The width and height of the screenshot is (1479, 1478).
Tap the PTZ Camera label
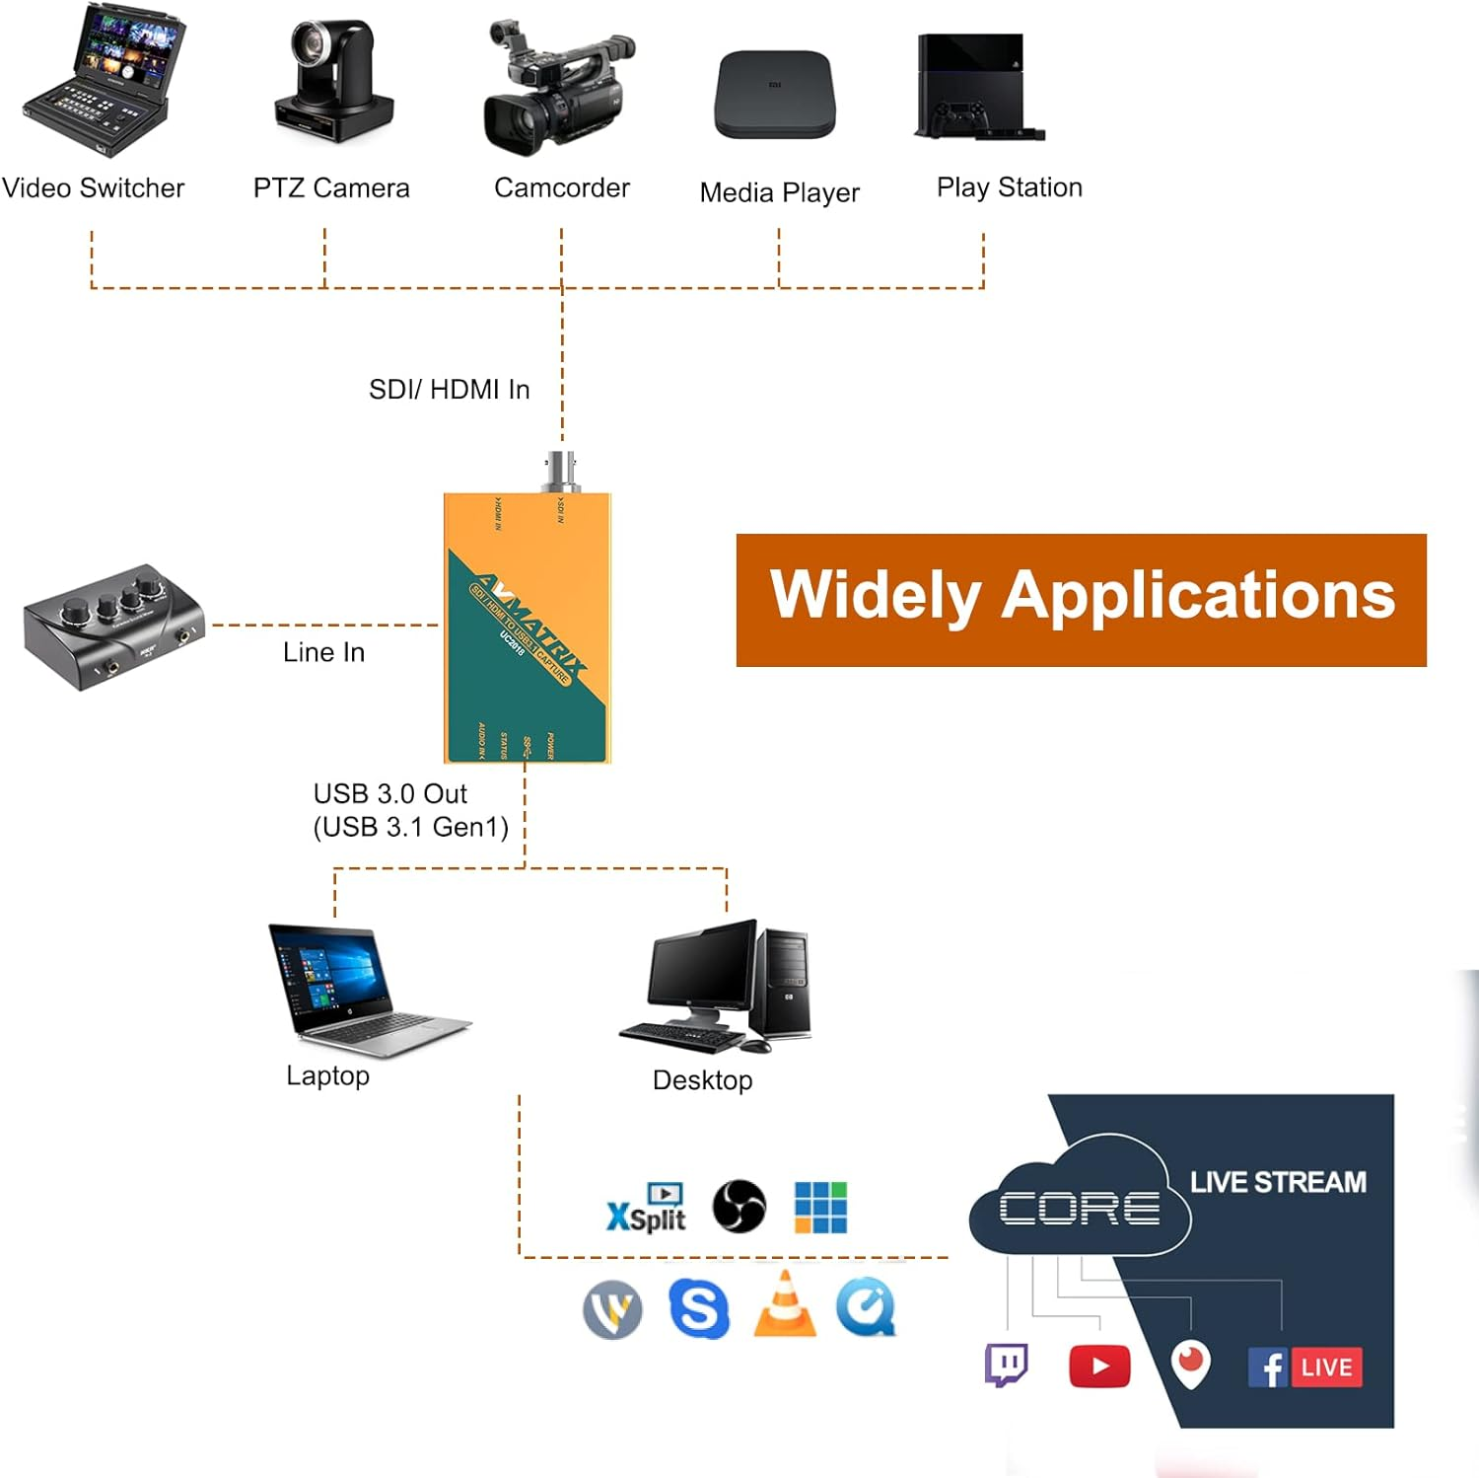331,187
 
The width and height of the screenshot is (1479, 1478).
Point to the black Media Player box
775,95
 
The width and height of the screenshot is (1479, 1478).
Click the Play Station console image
976,89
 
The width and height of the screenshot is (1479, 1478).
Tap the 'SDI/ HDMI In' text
449,390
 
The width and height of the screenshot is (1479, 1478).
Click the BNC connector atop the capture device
561,471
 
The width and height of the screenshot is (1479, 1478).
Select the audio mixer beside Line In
113,628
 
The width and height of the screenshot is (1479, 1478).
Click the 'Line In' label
323,652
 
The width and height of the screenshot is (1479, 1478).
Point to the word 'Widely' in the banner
875,596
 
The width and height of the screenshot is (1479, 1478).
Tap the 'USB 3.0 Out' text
389,794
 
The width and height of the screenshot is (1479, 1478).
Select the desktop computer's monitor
699,972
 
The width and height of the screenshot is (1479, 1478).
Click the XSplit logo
647,1209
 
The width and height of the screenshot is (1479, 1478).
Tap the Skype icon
699,1308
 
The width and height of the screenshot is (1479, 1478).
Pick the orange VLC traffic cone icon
785,1305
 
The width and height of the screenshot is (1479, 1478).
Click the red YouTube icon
1099,1367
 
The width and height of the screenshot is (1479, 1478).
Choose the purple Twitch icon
1007,1366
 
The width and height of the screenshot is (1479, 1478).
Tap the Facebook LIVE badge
1305,1367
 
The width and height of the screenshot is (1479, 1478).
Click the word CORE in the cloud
1080,1208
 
